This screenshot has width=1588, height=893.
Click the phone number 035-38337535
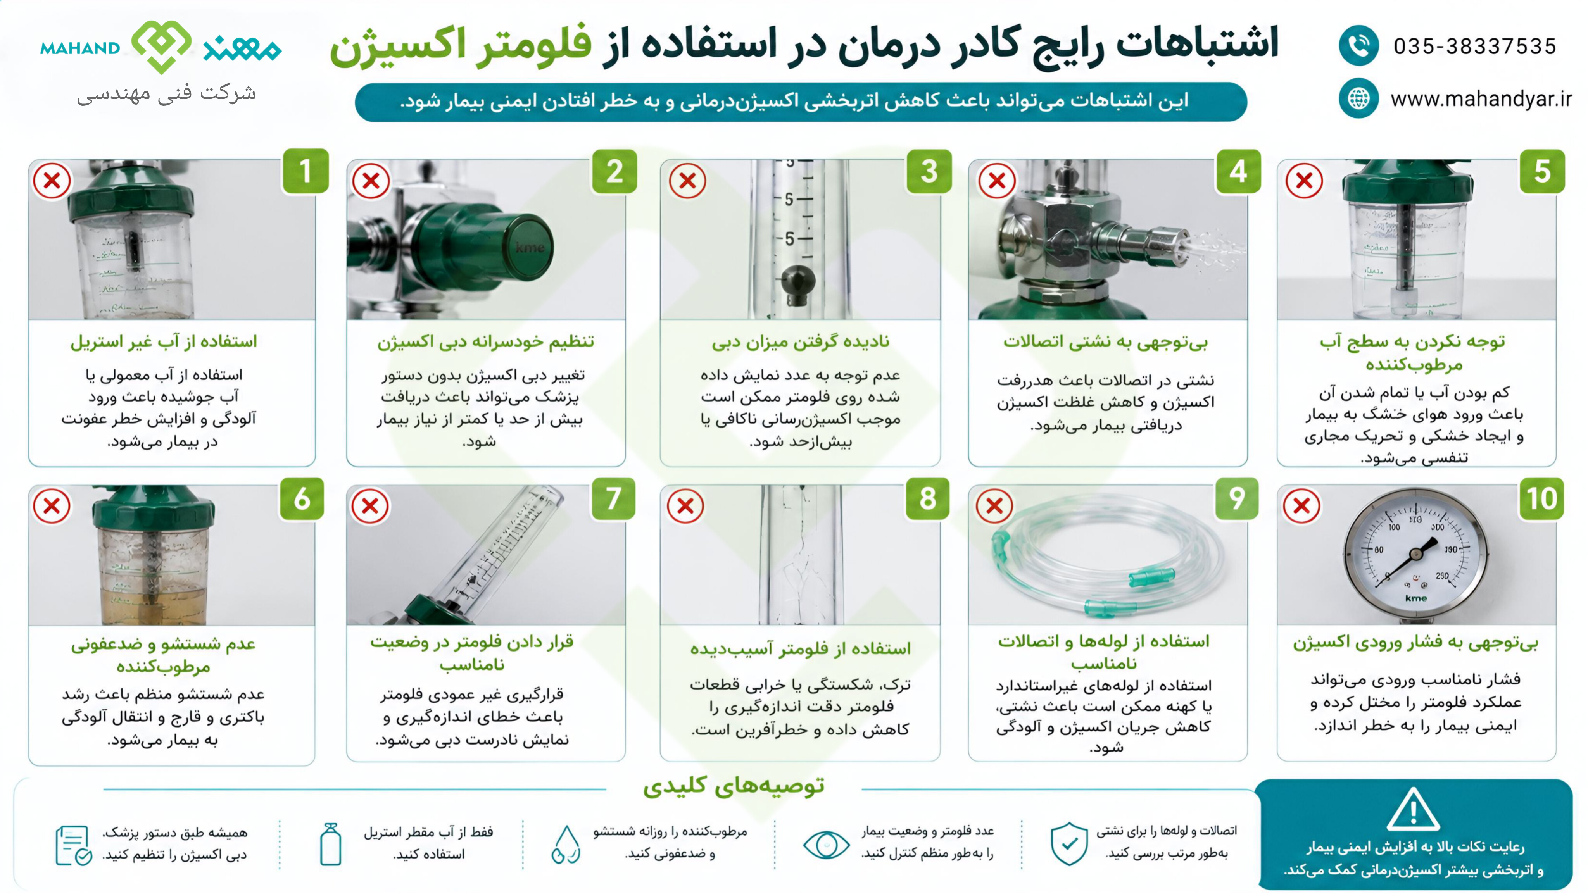click(x=1474, y=46)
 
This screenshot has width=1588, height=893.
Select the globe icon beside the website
click(x=1358, y=98)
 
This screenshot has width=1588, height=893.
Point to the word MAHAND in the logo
click(x=80, y=48)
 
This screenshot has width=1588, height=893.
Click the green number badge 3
click(x=929, y=171)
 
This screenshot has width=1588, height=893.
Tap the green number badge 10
click(x=1541, y=498)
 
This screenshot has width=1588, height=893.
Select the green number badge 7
click(x=613, y=498)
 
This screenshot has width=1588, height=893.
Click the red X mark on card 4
click(x=997, y=181)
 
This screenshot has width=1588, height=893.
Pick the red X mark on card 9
click(x=994, y=506)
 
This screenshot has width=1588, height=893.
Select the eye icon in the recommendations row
click(x=826, y=844)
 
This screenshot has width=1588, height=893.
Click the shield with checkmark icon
click(x=1069, y=843)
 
